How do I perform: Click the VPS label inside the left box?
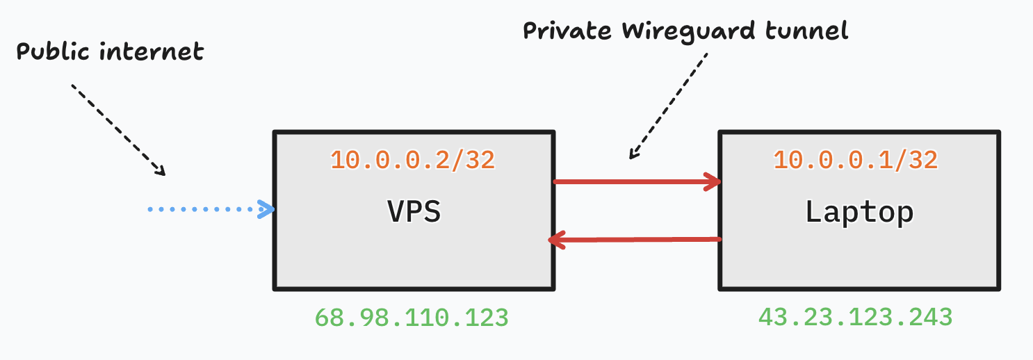pos(414,211)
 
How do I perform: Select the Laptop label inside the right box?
pos(859,211)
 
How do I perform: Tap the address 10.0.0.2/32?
pos(412,160)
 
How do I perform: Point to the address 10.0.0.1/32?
pos(856,160)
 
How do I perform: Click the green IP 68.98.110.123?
pos(412,318)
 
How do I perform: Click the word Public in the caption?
pos(56,51)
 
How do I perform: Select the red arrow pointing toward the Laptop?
pos(636,183)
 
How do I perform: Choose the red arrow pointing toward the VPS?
pos(636,240)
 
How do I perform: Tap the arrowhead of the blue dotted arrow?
pos(267,208)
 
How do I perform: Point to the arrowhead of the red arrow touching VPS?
pos(557,240)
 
